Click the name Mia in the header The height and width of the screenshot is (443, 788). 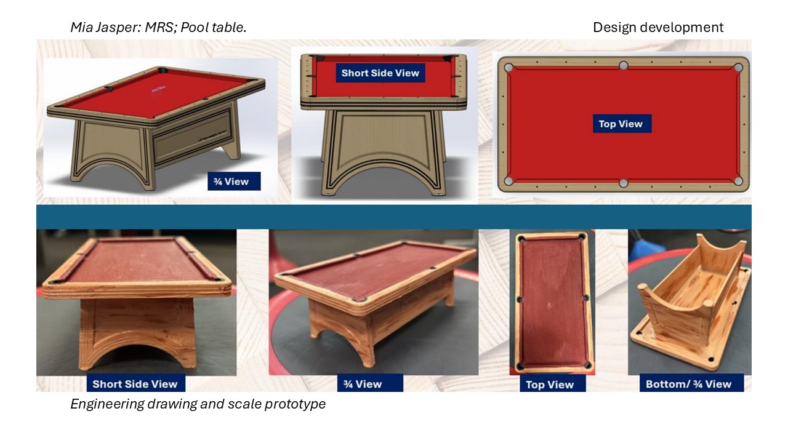tap(81, 28)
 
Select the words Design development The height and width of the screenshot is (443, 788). tap(658, 28)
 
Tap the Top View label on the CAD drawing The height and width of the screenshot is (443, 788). tap(622, 124)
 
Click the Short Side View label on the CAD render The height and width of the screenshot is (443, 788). tap(380, 73)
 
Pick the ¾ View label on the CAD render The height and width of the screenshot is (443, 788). tap(234, 182)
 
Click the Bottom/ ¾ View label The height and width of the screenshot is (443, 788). tap(691, 383)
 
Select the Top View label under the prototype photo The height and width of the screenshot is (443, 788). tap(553, 384)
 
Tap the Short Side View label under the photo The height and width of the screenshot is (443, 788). tap(136, 383)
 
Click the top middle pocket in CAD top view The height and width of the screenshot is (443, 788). tap(623, 66)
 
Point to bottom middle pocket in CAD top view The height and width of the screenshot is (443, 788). tap(623, 183)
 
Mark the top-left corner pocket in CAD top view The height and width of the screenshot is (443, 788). tap(509, 68)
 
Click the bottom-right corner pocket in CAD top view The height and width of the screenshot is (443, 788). tap(738, 181)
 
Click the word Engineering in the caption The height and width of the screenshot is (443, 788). tap(107, 404)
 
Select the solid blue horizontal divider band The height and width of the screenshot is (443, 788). tap(394, 217)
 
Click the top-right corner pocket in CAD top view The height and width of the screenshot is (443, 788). tap(738, 68)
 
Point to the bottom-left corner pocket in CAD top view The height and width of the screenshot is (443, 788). tap(509, 181)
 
